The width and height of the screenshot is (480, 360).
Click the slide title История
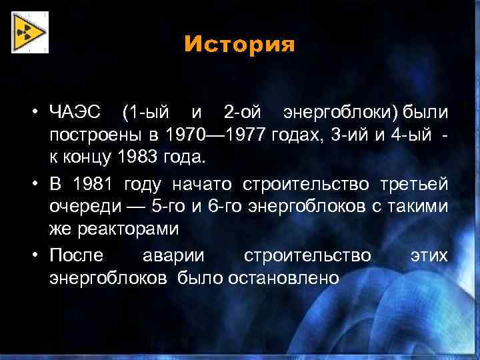coord(239,45)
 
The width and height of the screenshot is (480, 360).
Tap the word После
coord(74,255)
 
